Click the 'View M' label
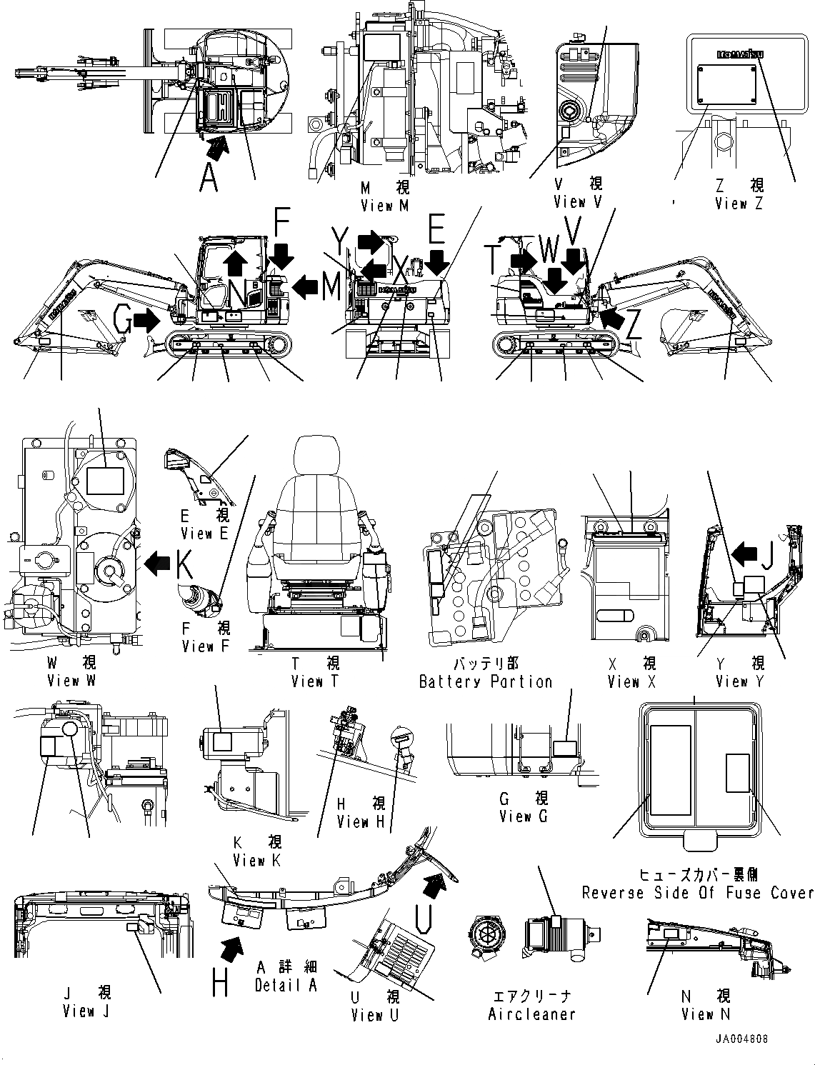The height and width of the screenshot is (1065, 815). pyautogui.click(x=385, y=206)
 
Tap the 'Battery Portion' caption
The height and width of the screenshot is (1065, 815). pyautogui.click(x=486, y=682)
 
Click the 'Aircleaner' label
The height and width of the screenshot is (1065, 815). pyautogui.click(x=531, y=1014)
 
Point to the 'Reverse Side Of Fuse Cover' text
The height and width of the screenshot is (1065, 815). pyautogui.click(x=697, y=893)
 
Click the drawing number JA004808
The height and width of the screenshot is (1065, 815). pyautogui.click(x=740, y=1039)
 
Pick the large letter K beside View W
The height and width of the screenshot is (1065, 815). pyautogui.click(x=184, y=565)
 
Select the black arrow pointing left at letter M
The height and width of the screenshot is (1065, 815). pyautogui.click(x=306, y=286)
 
